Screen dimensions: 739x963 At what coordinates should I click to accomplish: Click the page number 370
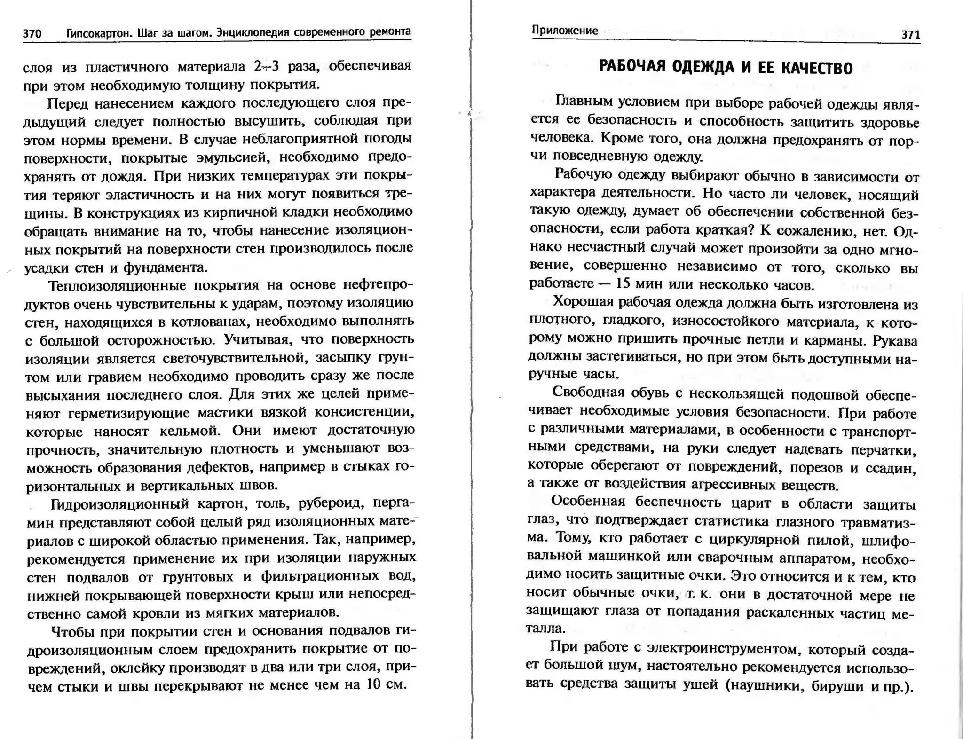[x=32, y=34]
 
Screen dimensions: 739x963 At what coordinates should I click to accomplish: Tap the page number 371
[x=910, y=35]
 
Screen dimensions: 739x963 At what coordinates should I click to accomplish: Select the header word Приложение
[x=565, y=31]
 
